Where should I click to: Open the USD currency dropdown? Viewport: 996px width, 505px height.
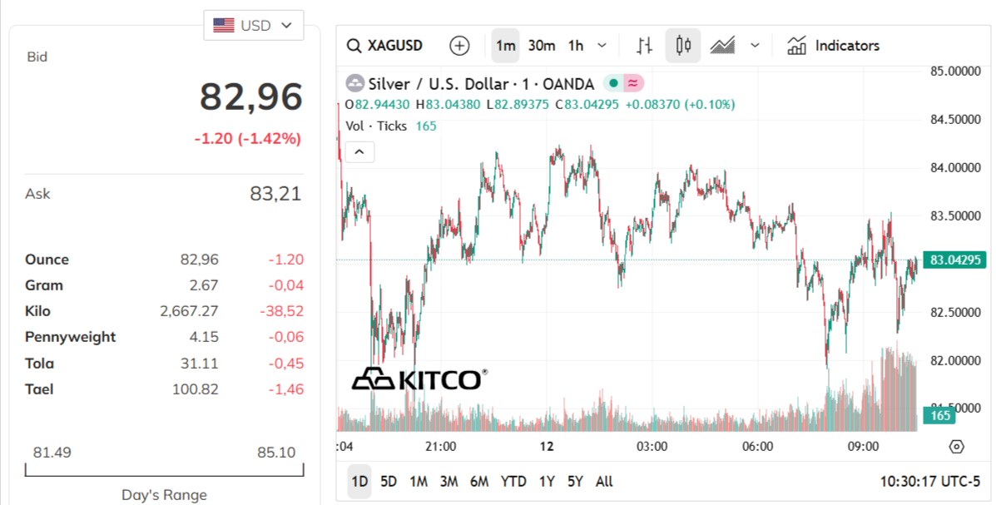click(253, 25)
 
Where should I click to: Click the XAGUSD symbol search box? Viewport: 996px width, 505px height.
click(384, 46)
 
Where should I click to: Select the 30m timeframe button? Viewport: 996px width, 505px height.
click(542, 46)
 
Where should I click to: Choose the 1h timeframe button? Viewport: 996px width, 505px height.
click(576, 46)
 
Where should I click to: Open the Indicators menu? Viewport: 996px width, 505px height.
click(833, 46)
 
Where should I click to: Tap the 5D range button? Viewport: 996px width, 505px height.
click(389, 481)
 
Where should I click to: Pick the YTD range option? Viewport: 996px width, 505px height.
click(513, 481)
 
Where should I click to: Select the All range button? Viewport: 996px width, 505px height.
click(604, 481)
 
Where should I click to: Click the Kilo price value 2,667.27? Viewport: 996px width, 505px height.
click(189, 311)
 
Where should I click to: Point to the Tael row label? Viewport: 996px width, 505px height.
click(39, 389)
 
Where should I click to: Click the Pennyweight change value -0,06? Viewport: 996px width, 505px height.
click(285, 337)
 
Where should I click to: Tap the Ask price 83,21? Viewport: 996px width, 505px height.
click(275, 194)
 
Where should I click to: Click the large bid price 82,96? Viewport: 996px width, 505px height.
click(250, 97)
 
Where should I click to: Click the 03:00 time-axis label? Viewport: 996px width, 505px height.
click(652, 446)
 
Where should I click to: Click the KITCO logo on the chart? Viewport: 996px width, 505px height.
click(419, 379)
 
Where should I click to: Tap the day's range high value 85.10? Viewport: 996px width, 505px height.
click(276, 453)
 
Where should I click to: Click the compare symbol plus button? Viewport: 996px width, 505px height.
click(459, 46)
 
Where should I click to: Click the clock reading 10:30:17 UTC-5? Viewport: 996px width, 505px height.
click(930, 481)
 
